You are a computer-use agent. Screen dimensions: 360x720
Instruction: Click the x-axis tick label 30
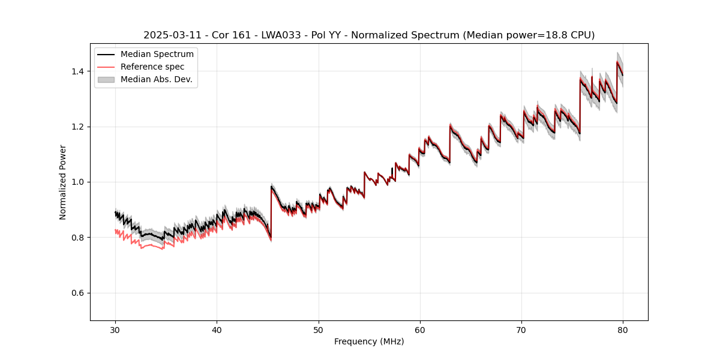tap(115, 329)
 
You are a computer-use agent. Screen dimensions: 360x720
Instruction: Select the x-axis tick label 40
tap(217, 329)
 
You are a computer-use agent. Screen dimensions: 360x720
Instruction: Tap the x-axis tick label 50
tap(318, 329)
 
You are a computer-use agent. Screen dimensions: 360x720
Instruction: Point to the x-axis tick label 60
tap(420, 329)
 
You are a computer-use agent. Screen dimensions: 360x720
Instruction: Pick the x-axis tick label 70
tap(521, 329)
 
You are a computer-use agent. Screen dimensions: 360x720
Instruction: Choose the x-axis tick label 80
tap(623, 329)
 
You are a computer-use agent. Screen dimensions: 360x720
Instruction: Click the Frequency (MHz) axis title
tap(369, 341)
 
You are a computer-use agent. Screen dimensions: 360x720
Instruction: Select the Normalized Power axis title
tap(63, 182)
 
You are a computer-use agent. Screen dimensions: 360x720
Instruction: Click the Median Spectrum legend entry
tap(157, 55)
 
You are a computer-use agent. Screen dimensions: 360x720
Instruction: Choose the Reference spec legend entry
tap(152, 67)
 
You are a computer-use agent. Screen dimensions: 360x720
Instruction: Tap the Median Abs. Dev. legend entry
tap(156, 79)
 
